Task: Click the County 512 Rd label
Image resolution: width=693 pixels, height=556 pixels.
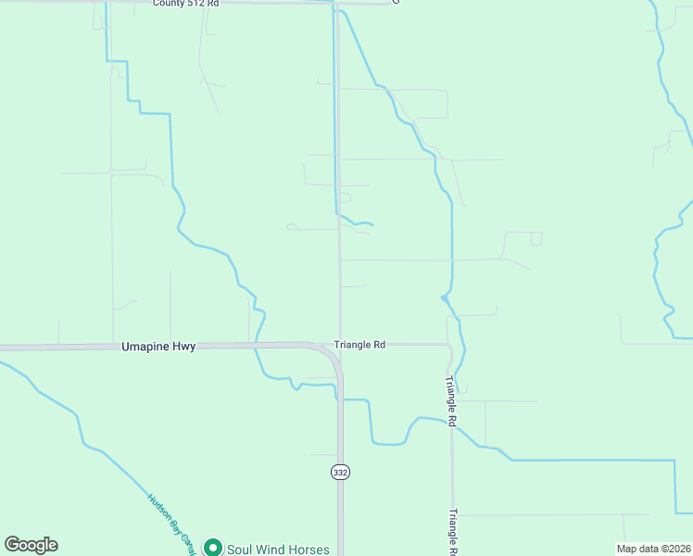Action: [186, 4]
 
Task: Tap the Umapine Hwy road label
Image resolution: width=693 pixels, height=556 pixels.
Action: [158, 346]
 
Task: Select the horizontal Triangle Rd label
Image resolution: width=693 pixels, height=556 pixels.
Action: [359, 344]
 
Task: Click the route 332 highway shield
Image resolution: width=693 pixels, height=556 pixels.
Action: [340, 473]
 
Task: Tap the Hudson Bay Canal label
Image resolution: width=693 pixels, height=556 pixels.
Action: [172, 517]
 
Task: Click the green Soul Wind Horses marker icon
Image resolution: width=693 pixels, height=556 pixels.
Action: [213, 548]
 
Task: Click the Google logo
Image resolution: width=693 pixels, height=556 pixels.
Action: [31, 545]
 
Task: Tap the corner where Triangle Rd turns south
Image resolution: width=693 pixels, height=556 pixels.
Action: [449, 347]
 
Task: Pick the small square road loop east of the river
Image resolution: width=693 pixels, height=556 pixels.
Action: [536, 239]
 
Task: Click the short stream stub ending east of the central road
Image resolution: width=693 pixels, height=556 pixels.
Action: [372, 224]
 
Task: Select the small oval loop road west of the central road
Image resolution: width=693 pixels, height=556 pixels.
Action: [292, 226]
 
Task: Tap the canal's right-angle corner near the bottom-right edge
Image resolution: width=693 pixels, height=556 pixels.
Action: [675, 461]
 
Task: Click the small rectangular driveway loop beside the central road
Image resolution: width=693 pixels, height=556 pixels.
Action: [345, 197]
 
